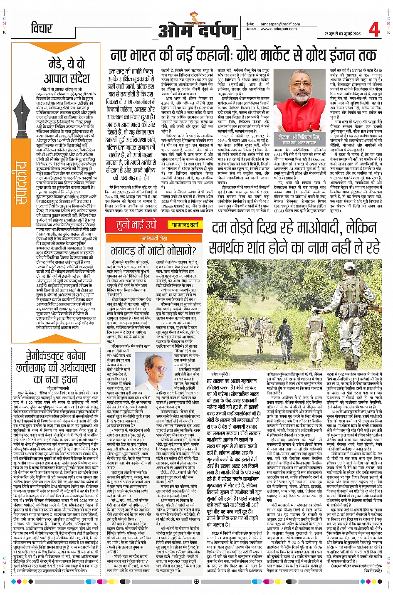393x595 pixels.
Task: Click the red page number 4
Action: click(x=374, y=30)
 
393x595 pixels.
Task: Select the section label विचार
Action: click(x=42, y=28)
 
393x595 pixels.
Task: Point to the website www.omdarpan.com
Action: click(x=279, y=29)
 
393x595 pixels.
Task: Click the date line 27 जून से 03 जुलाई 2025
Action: click(x=342, y=33)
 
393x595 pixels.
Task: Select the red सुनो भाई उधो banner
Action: click(x=136, y=225)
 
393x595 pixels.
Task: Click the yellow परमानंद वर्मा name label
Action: click(x=185, y=225)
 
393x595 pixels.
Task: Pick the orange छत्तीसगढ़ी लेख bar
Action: click(x=154, y=238)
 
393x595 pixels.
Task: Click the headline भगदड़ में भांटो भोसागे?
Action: click(x=154, y=251)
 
